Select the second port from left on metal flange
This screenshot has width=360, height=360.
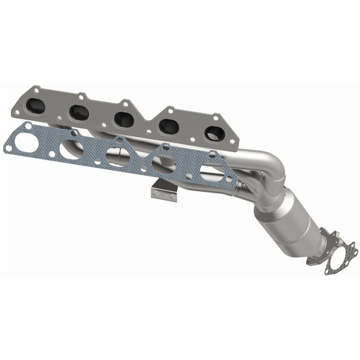click(x=79, y=113)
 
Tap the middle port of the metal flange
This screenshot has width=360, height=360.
click(x=124, y=120)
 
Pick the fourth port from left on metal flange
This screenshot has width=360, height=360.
click(x=168, y=126)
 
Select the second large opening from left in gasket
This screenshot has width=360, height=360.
click(x=71, y=149)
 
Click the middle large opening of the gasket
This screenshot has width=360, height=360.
click(x=118, y=157)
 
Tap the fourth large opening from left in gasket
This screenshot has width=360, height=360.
click(x=164, y=165)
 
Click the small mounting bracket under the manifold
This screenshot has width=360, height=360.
click(x=164, y=190)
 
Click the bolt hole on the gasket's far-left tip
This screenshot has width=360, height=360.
click(x=8, y=145)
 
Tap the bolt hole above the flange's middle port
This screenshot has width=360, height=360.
click(x=125, y=103)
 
